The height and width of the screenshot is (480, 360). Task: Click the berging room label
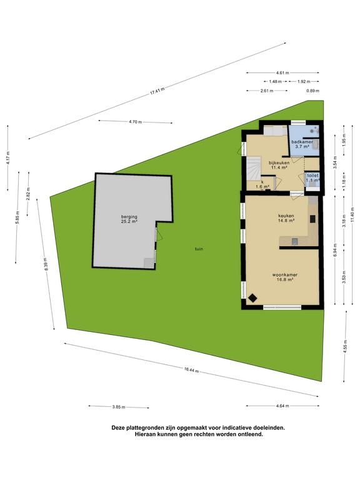point(129,217)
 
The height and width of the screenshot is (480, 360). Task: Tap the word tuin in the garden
point(199,249)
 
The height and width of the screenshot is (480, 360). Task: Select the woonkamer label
point(285,274)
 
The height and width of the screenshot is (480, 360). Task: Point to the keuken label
point(286,215)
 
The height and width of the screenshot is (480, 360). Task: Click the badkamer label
point(302,142)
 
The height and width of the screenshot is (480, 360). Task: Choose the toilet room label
point(313,176)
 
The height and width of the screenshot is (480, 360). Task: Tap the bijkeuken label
point(279,162)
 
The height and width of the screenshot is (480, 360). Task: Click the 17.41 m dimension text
point(157,91)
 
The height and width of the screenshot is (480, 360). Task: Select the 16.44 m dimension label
point(191,370)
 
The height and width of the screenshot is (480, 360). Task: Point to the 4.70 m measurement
point(135,121)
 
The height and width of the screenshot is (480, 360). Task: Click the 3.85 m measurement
point(119,407)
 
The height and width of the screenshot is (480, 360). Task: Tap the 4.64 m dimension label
point(282,406)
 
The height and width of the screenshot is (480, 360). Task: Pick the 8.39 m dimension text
point(46,263)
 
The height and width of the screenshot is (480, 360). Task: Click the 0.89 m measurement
point(312,91)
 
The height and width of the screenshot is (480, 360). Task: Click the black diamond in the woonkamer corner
point(253,298)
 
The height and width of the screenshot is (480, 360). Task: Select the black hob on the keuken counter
point(312,219)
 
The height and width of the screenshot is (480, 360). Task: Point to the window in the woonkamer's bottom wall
point(282,307)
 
